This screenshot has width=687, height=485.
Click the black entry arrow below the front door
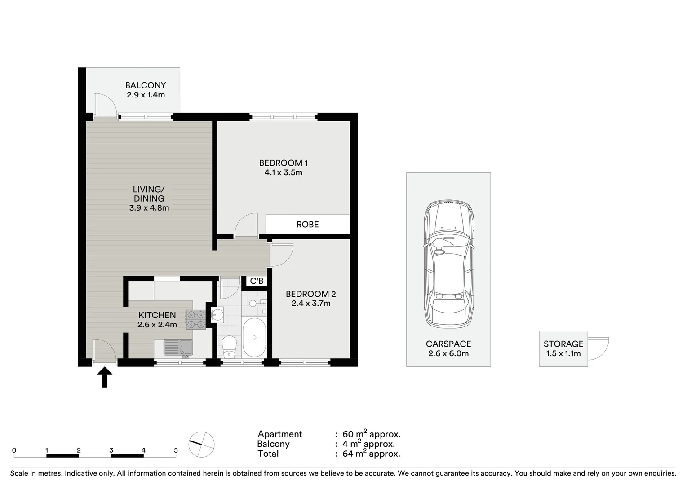tap(105, 377)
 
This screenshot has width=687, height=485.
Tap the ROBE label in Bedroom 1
tap(308, 225)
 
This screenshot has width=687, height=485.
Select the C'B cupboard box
tap(257, 281)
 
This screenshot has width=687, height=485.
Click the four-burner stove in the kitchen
tap(195, 319)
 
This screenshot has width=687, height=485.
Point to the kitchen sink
tap(178, 348)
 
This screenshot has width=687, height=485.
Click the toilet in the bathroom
tap(229, 347)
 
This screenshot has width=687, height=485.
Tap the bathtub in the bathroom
tap(254, 337)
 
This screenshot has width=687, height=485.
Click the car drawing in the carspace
tap(449, 264)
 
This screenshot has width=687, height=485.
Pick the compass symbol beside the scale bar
tap(201, 444)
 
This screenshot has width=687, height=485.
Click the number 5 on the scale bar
tap(176, 450)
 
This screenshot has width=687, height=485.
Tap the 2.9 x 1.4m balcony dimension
tap(146, 95)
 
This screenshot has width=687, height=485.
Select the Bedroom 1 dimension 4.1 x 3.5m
tap(284, 172)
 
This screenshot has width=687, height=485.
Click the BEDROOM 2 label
tap(310, 294)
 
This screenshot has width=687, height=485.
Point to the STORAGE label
tap(563, 344)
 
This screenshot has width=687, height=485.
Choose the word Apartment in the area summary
tap(280, 434)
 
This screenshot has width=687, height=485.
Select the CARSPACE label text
tap(448, 344)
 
